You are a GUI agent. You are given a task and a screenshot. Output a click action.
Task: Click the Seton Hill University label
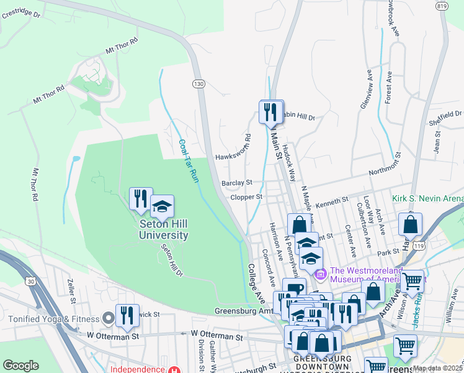pos(163,230)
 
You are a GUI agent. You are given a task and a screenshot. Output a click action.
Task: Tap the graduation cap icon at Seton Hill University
pos(163,206)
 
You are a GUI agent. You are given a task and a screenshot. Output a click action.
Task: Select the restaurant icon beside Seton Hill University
pos(141,199)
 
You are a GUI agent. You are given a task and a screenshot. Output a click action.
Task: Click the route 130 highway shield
pos(198,83)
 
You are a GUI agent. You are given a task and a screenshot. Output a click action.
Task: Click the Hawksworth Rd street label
pos(232,157)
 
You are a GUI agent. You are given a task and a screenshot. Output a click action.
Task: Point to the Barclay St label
pos(237,183)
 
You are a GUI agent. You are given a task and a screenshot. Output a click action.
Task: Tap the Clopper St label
pos(247,197)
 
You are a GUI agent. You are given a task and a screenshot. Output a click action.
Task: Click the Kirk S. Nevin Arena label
pos(427,199)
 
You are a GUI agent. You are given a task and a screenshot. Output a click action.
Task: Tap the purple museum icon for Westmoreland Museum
pos(321,273)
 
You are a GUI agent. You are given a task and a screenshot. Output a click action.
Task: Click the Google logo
pos(21,366)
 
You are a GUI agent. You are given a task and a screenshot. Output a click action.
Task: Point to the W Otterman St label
pos(216,336)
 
